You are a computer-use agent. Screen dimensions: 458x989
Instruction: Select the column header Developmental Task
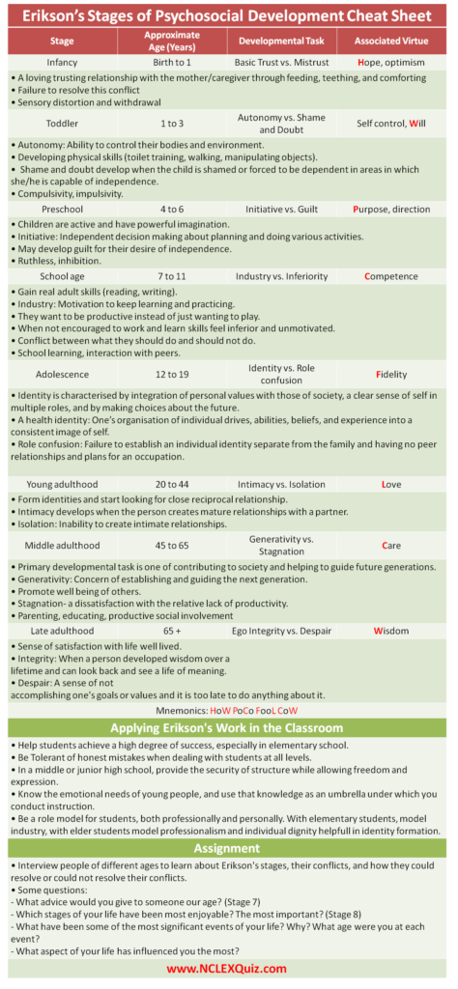point(281,41)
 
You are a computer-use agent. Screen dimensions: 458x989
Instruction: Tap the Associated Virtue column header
point(391,41)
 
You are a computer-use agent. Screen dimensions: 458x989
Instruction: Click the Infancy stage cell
point(63,62)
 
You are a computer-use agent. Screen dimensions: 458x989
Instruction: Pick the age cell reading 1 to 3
point(172,124)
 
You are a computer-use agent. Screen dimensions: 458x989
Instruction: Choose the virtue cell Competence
point(391,276)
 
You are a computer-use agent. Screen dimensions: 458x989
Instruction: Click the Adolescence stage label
point(63,374)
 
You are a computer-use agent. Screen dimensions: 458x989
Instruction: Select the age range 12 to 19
point(172,374)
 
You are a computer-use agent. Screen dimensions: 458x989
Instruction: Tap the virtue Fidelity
point(391,374)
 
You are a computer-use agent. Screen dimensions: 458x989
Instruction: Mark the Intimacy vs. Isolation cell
point(281,484)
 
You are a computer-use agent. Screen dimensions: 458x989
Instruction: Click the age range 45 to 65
point(172,546)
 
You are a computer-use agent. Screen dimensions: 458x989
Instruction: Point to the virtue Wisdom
point(391,631)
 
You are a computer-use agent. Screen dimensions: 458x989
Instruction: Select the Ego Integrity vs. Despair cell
point(281,631)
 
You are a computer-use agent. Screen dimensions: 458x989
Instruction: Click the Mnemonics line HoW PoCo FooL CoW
point(229,709)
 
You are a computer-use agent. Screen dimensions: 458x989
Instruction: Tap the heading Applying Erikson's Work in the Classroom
point(229,727)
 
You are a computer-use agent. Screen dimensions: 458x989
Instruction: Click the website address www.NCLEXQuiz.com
point(229,968)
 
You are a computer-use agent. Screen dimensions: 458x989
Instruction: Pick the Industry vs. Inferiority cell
point(281,276)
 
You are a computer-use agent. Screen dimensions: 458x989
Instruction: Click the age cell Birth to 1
point(172,62)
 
